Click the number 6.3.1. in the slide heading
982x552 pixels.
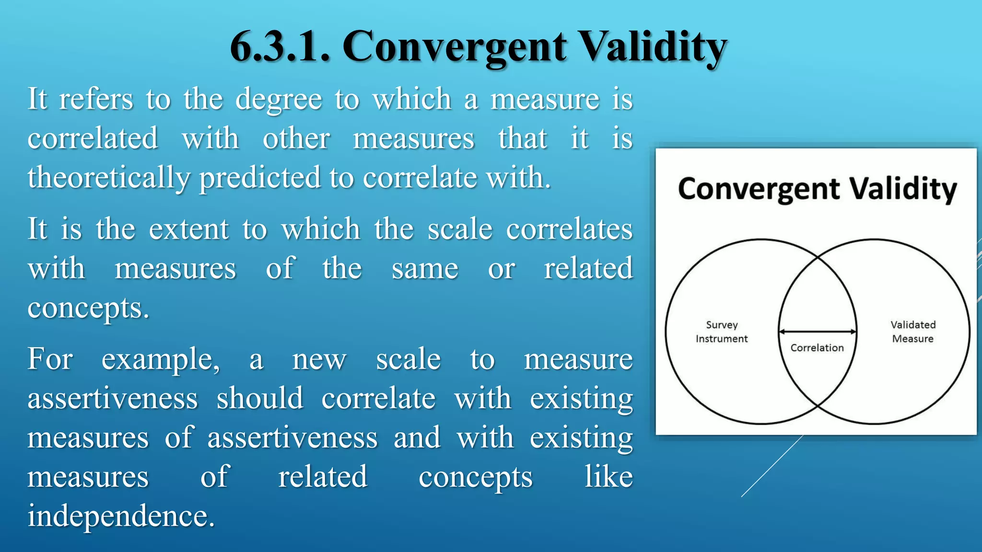(280, 47)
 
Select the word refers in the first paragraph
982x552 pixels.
(96, 99)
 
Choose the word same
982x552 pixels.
(425, 268)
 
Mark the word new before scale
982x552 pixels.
(319, 359)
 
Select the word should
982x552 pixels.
(259, 398)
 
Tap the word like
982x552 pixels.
(608, 477)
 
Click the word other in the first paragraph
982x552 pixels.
(296, 139)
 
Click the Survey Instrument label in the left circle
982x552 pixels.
(722, 332)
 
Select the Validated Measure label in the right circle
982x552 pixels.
(913, 332)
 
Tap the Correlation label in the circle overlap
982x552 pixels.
(817, 348)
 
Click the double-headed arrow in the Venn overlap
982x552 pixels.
(817, 332)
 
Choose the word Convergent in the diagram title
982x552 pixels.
(759, 189)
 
